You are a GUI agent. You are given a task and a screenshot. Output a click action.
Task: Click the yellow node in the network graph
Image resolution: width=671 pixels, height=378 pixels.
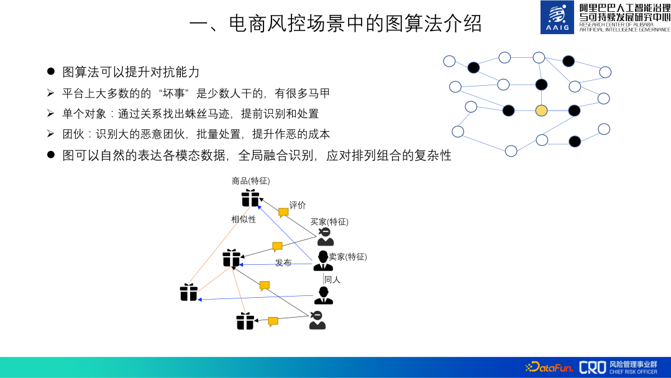coord(541,111)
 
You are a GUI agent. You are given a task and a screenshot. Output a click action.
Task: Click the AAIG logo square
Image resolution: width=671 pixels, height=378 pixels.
coord(557,17)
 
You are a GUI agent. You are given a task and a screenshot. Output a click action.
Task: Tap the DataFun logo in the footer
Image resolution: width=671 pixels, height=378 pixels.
coord(549,367)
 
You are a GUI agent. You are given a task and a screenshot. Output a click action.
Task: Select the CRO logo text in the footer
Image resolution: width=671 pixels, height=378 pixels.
coord(591,367)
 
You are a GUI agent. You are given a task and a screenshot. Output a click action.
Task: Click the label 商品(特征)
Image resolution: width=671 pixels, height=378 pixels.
coord(250,181)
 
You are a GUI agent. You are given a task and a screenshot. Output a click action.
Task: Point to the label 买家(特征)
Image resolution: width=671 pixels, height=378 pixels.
coord(329,222)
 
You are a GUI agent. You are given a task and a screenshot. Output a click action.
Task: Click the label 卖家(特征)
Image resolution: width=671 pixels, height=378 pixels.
coord(347,257)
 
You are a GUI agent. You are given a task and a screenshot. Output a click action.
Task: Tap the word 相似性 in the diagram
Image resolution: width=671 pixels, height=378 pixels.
coord(244,219)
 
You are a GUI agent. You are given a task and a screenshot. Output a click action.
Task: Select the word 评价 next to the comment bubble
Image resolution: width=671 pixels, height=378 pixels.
coord(298,205)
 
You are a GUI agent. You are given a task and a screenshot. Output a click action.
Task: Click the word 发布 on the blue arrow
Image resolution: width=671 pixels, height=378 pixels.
coord(283,263)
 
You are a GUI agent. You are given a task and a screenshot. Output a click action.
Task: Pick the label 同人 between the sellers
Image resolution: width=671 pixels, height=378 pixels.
coord(332,280)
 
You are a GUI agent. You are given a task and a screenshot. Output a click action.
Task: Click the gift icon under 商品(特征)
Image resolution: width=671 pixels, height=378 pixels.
coord(250,198)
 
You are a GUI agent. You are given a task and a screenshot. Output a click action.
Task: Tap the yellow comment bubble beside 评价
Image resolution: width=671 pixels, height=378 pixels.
coord(283,213)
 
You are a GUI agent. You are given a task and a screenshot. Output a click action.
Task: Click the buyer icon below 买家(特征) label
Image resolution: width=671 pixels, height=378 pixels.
coord(325,237)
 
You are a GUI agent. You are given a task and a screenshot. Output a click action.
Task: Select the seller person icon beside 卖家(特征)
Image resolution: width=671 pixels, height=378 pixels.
coord(323,260)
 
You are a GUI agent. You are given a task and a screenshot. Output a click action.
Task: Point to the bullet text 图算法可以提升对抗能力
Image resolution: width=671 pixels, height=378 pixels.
coord(130,71)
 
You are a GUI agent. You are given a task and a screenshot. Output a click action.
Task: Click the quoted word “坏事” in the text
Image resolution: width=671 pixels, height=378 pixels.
coord(173,93)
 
